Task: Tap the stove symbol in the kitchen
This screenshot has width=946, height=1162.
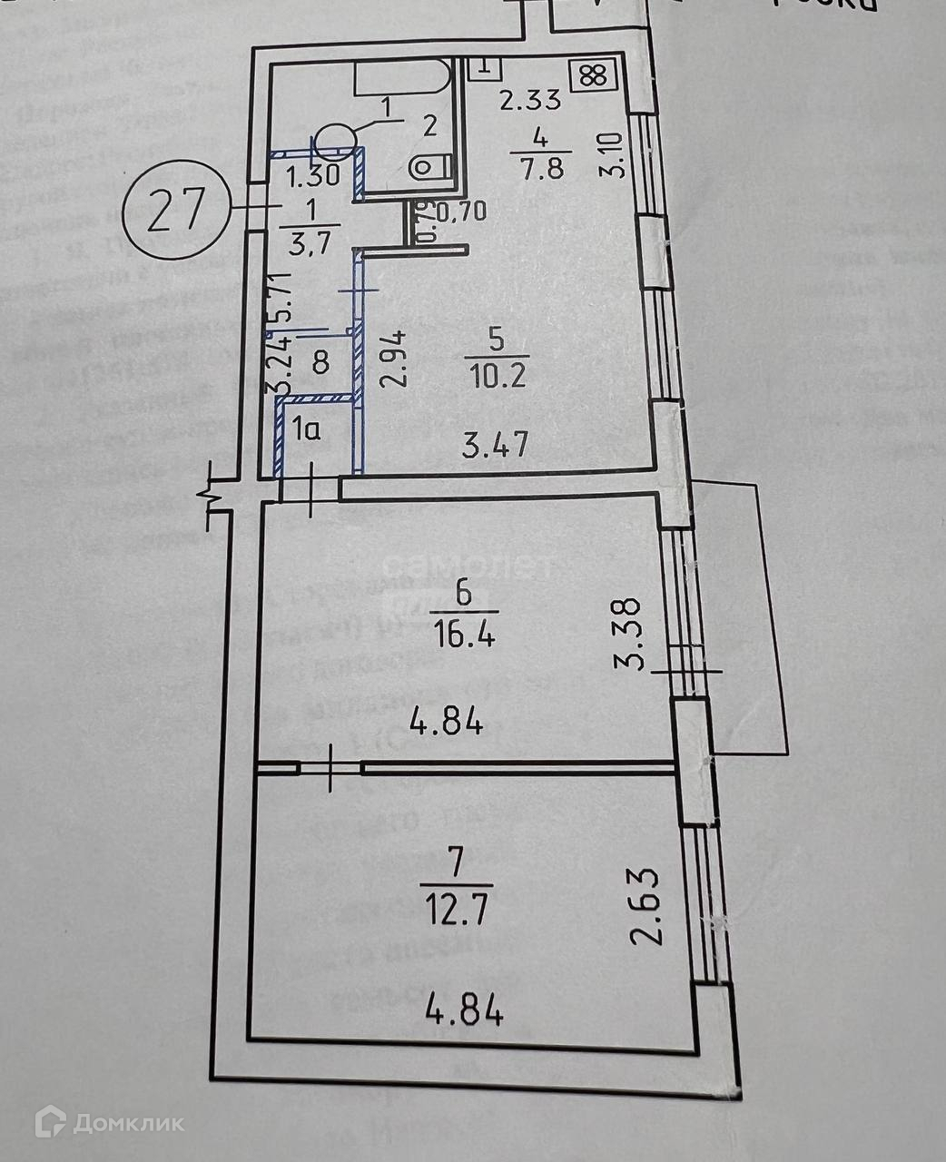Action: [x=594, y=74]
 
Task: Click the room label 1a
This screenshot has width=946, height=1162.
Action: [x=305, y=430]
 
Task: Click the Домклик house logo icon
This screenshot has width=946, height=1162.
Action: [x=51, y=1122]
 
